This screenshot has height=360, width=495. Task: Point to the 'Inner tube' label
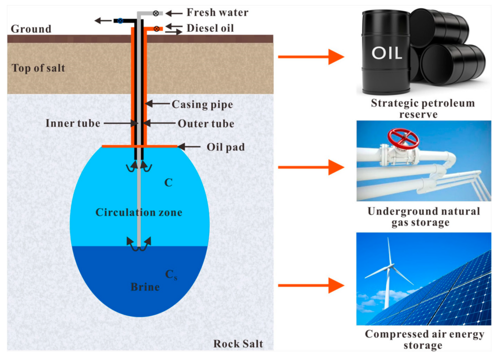tap(73, 123)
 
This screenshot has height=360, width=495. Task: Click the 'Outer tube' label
tap(206, 123)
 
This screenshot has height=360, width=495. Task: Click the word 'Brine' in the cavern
tap(145, 287)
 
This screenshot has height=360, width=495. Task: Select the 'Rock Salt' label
tap(238, 344)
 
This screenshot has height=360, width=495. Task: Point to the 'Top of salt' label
tap(39, 68)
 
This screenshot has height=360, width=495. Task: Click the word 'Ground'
tap(31, 29)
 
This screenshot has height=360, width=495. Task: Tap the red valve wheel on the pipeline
tap(404, 138)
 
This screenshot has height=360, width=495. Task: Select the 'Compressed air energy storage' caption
tap(423, 340)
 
